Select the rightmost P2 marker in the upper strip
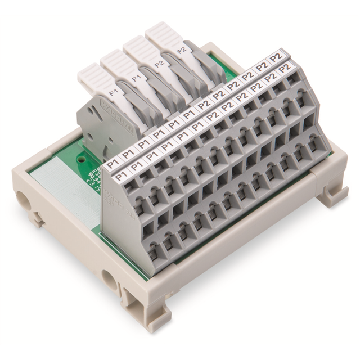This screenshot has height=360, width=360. pos(276,56)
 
